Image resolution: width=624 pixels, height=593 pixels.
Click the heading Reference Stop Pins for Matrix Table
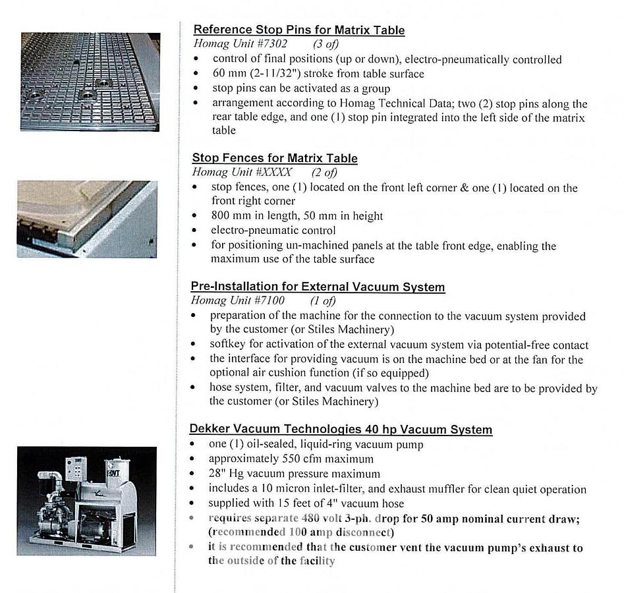(298, 30)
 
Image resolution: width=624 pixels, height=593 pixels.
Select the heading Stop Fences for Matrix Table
(275, 158)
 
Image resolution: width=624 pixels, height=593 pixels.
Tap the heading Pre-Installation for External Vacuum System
(318, 287)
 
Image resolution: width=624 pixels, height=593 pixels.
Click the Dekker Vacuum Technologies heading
(341, 430)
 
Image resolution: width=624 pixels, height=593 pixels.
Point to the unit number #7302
(269, 44)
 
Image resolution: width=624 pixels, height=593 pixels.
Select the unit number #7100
(266, 301)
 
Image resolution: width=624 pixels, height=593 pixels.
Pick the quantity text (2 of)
(324, 173)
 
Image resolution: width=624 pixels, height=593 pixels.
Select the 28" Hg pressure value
(227, 474)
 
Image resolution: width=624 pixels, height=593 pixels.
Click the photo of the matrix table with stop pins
(90, 81)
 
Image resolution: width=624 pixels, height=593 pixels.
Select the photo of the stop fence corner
(87, 219)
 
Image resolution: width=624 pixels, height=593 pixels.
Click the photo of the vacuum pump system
(87, 501)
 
